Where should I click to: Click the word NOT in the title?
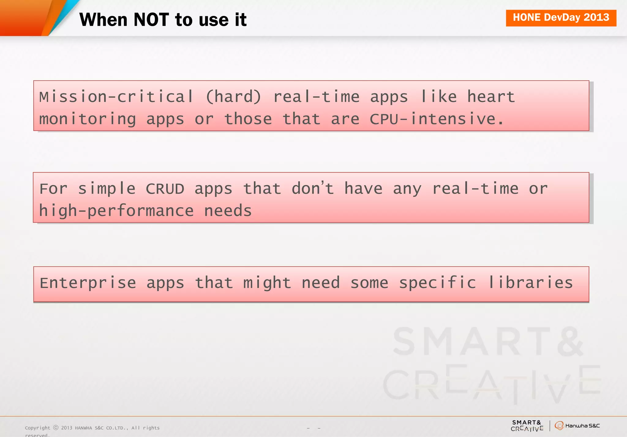pyautogui.click(x=151, y=20)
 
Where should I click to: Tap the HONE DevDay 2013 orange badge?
pyautogui.click(x=561, y=18)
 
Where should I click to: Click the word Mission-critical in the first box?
pyautogui.click(x=116, y=97)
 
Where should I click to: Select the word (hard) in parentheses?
pyautogui.click(x=233, y=97)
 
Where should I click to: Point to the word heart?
pyautogui.click(x=491, y=97)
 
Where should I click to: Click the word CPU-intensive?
pyautogui.click(x=437, y=119)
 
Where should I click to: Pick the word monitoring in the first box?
pyautogui.click(x=88, y=119)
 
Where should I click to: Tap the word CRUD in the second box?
pyautogui.click(x=165, y=189)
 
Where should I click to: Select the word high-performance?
pyautogui.click(x=116, y=211)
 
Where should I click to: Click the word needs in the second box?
pyautogui.click(x=228, y=211)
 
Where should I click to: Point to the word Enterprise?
pyautogui.click(x=88, y=283)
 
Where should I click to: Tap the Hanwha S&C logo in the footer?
pyautogui.click(x=577, y=426)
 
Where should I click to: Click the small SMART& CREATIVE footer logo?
pyautogui.click(x=527, y=426)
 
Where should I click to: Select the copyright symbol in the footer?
pyautogui.click(x=56, y=428)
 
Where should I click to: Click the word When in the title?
pyautogui.click(x=103, y=20)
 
